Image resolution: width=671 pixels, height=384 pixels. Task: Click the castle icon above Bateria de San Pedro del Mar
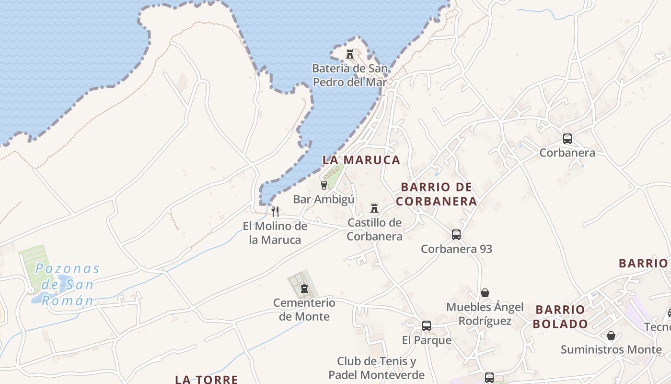coord(350,54)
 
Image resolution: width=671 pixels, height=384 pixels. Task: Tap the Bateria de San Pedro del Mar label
coord(350,75)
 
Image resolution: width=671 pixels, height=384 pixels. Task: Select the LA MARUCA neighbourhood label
coord(361,160)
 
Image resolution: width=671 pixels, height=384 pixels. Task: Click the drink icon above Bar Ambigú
coord(324,185)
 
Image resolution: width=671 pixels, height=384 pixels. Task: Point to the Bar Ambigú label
coord(324,199)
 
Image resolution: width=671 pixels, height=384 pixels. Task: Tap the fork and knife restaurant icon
coord(275,211)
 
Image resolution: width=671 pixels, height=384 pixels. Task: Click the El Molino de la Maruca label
coord(275,233)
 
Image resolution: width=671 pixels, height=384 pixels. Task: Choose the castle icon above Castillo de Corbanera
coord(374,208)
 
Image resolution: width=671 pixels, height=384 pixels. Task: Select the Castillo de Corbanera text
coord(374,229)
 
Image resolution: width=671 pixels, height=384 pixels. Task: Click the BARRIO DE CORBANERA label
coord(437,194)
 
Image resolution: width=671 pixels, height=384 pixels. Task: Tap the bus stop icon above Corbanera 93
coord(456,235)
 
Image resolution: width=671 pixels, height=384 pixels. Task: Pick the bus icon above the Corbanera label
coord(567,139)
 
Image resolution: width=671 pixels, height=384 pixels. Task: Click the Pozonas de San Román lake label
coord(67,285)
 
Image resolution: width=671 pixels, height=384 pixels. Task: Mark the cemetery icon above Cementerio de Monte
coord(304,288)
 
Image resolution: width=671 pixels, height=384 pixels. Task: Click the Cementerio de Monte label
coord(304,310)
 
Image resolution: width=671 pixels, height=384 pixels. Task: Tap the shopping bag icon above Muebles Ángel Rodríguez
coord(485,293)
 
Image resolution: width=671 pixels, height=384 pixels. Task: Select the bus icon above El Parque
coord(427,326)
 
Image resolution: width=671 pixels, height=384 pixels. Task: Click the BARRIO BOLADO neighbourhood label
coord(560,317)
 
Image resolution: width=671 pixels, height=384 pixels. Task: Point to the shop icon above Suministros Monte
coord(611,335)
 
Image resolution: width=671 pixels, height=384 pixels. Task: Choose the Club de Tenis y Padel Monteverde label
coord(376,368)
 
